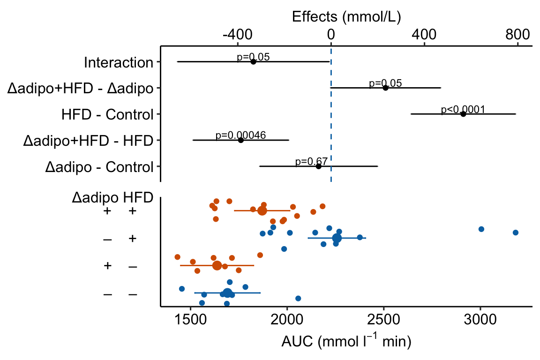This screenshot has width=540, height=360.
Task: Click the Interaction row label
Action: pyautogui.click(x=119, y=62)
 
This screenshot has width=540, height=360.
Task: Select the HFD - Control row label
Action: pyautogui.click(x=107, y=114)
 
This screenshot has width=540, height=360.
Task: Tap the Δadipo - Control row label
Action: pyautogui.click(x=99, y=167)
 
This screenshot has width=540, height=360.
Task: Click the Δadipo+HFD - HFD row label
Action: pyautogui.click(x=88, y=141)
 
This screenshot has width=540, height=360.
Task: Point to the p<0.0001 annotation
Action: pyautogui.click(x=463, y=110)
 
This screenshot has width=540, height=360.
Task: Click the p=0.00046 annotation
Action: pyautogui.click(x=240, y=135)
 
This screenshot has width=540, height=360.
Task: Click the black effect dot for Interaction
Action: pyautogui.click(x=253, y=61)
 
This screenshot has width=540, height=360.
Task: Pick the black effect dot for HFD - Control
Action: pyautogui.click(x=463, y=114)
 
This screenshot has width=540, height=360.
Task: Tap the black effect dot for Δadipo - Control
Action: pyautogui.click(x=319, y=166)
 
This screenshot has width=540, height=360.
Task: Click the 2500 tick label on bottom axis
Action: pyautogui.click(x=383, y=324)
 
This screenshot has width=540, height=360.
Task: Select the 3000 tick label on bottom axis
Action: pyautogui.click(x=480, y=324)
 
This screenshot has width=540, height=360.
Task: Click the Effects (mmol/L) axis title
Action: pyautogui.click(x=346, y=17)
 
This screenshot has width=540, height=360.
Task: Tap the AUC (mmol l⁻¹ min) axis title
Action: pyautogui.click(x=346, y=343)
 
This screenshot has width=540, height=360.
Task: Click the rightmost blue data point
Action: pyautogui.click(x=516, y=232)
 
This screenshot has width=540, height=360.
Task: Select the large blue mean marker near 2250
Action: pyautogui.click(x=337, y=238)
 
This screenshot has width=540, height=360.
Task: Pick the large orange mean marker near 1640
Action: pyautogui.click(x=217, y=265)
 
